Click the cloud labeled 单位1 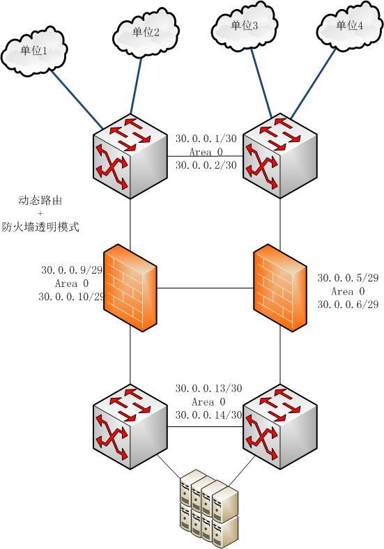point(34,52)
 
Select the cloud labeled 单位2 point(146,34)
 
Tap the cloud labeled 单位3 point(245,26)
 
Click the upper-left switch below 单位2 point(130,156)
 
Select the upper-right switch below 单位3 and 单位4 point(280,156)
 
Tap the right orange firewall point(280,288)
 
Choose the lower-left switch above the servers point(130,426)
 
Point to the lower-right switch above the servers point(280,426)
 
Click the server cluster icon point(209,509)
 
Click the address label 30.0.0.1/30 point(206,139)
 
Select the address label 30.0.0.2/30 point(206,165)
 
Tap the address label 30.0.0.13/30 point(208,389)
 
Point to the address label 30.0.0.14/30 point(208,415)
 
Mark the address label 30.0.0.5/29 point(348,278)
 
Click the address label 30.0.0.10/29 point(71,297)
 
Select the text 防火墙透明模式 point(40,227)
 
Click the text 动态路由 point(40,201)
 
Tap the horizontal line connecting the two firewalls point(205,288)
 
